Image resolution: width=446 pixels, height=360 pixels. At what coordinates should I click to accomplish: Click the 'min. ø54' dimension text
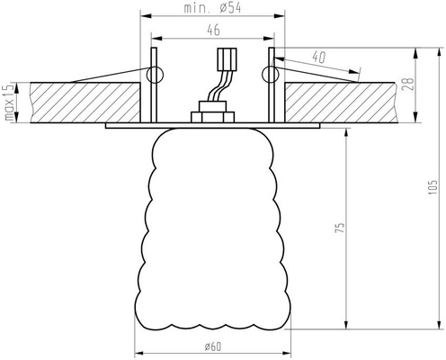[213, 8]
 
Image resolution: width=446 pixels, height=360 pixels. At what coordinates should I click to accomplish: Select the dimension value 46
[212, 31]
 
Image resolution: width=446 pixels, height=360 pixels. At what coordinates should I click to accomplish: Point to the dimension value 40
[317, 57]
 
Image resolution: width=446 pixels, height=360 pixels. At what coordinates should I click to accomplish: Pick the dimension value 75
[338, 229]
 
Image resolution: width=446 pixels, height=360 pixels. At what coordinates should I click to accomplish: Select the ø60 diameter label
[213, 346]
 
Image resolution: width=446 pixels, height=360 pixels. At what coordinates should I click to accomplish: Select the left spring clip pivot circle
[155, 75]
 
